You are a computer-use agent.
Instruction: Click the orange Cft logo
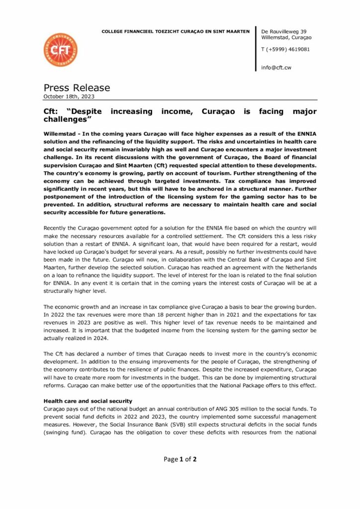pos(60,50)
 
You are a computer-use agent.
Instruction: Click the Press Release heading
pos(77,88)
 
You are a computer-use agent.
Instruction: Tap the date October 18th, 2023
pos(69,96)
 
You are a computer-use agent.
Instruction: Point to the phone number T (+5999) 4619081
pos(285,49)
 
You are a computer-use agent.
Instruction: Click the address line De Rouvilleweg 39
pos(283,31)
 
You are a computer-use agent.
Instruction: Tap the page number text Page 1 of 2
pos(180,459)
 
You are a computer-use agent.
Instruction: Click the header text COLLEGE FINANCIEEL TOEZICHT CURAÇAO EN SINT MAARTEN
pos(176,31)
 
